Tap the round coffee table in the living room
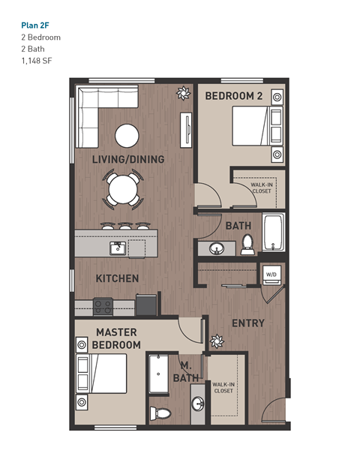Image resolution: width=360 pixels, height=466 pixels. (x=126, y=136)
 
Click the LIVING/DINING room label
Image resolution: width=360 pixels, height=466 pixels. (x=127, y=160)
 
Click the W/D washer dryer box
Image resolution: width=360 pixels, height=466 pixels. (x=271, y=274)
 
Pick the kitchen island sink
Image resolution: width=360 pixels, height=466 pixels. (x=117, y=247)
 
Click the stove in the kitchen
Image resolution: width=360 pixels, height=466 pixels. (x=103, y=306)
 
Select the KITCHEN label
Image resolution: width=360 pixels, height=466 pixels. (x=117, y=278)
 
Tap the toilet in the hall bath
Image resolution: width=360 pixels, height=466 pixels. (x=247, y=245)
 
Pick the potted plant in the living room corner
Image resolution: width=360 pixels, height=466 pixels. (x=182, y=93)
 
